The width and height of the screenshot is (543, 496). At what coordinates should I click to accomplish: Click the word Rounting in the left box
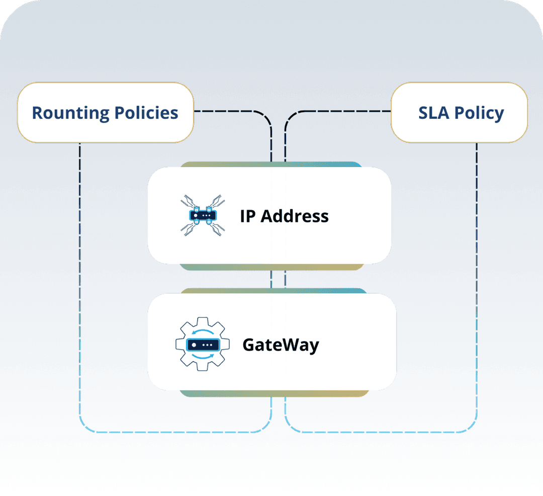[69, 113]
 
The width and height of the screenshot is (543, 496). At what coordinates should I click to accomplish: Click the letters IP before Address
[247, 216]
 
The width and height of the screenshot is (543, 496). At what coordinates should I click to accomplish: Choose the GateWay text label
[281, 345]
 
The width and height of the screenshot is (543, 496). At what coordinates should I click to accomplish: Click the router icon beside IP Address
[202, 215]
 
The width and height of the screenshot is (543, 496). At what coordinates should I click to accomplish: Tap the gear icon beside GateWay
[202, 344]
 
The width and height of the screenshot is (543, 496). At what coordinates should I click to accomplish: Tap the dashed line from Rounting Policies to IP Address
[236, 111]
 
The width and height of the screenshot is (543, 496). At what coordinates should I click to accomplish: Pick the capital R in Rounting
[37, 113]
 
